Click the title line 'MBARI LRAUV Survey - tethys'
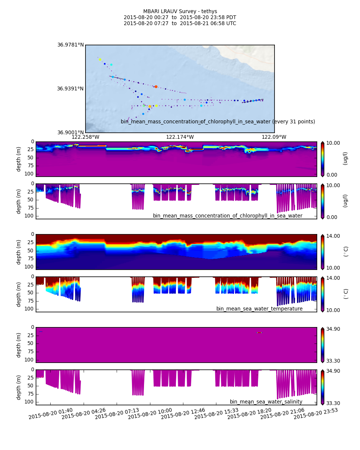coord(180,11)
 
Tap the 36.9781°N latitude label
coord(70,45)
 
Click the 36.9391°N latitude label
coord(70,89)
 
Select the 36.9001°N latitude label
coord(70,132)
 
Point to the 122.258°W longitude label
coord(85,137)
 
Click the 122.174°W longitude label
coord(180,137)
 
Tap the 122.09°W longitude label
coord(274,137)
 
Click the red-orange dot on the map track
coord(156,87)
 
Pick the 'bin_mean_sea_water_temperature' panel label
coord(259,309)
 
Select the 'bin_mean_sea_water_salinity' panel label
coord(266,402)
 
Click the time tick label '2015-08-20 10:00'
coord(150,414)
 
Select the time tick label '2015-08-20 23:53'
coord(316,414)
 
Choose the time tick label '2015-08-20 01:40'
coord(51,414)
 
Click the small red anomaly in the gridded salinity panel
coord(259,332)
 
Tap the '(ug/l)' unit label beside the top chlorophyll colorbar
coord(345,158)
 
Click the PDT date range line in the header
coord(180,17)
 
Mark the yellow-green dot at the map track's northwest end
coord(100,59)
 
